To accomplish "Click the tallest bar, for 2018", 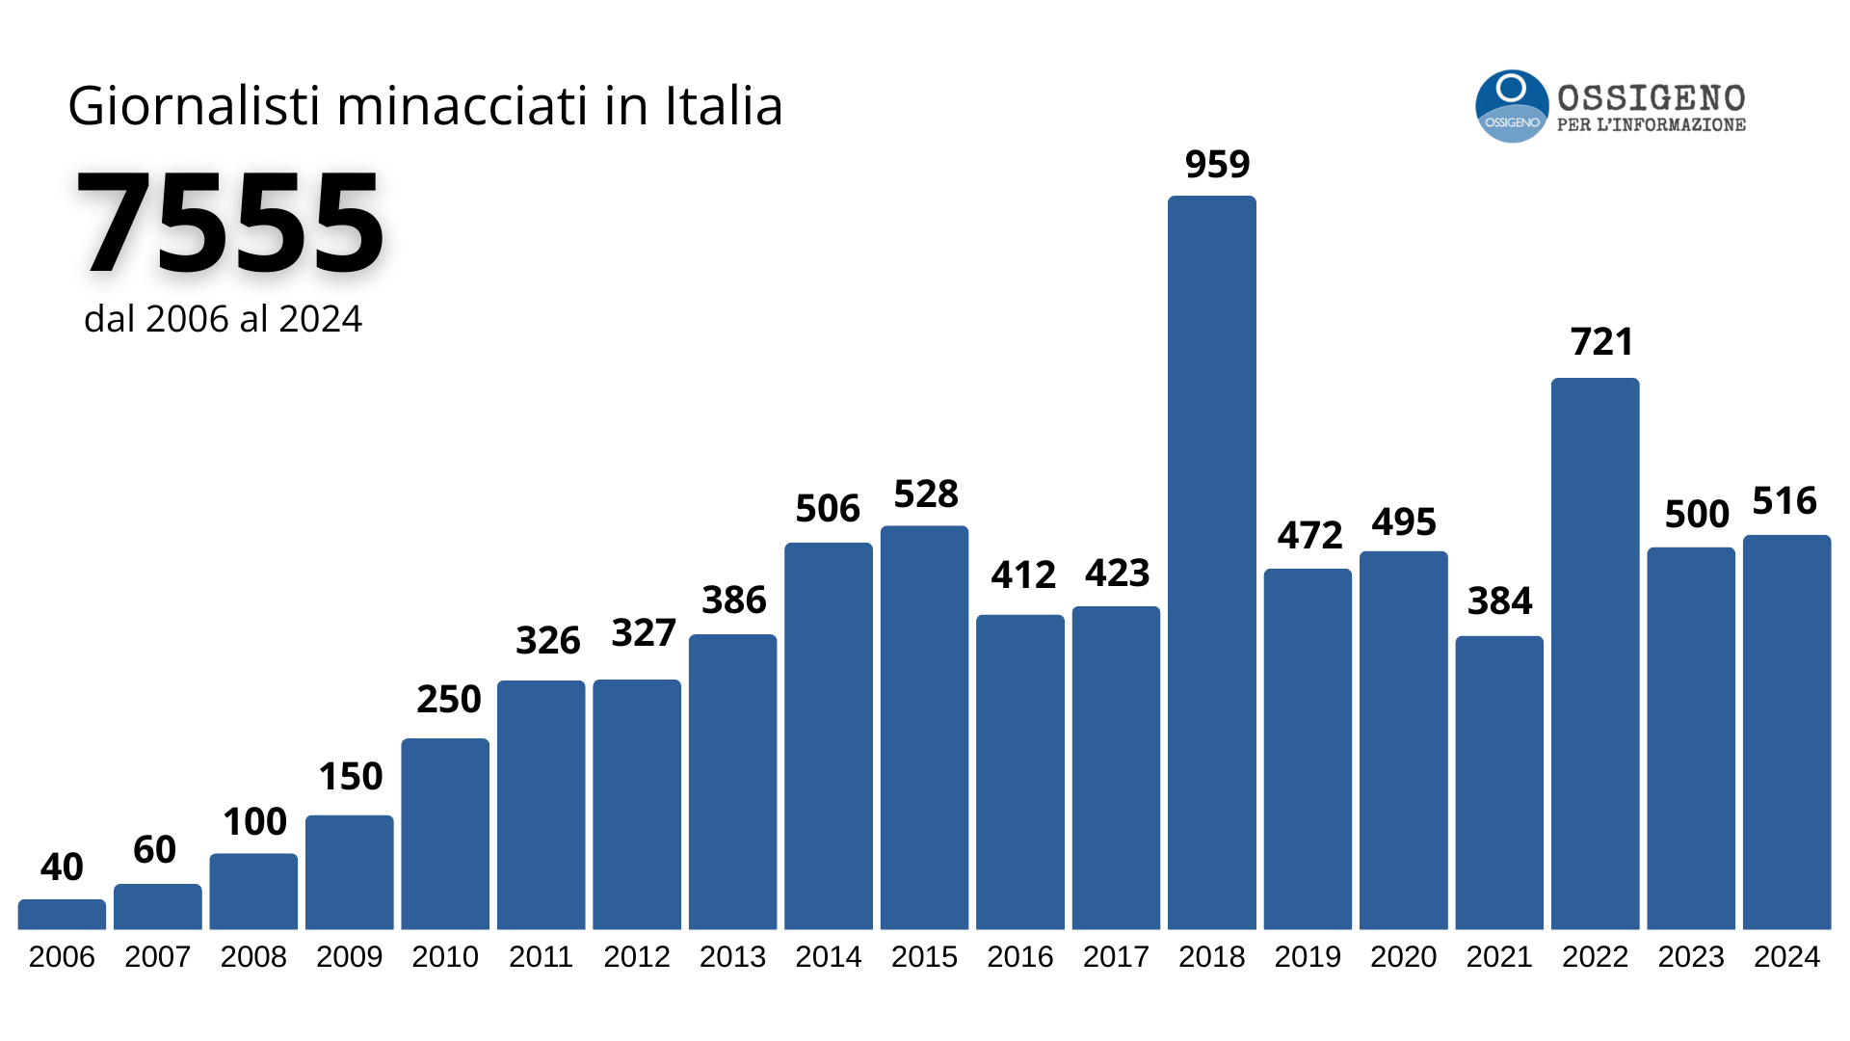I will click(x=1211, y=563).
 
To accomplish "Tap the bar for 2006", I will click(x=62, y=914).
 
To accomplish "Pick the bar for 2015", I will click(x=924, y=728).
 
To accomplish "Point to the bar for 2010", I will click(x=445, y=834).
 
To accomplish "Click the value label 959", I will click(x=1217, y=165).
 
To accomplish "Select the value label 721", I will click(x=1601, y=342).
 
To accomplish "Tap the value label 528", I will click(x=926, y=494).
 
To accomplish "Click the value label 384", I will click(x=1499, y=601).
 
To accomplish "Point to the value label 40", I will click(x=62, y=867).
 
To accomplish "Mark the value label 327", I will click(x=644, y=633).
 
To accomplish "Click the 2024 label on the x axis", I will click(x=1786, y=957).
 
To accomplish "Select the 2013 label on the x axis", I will click(x=732, y=957).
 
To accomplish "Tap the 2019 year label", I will click(x=1308, y=957).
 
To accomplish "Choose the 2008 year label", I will click(x=253, y=957).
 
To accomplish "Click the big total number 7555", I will click(x=230, y=224).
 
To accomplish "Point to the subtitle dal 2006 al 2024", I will click(x=223, y=319).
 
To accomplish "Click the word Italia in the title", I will click(x=724, y=106).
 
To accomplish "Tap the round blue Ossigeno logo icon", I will click(x=1512, y=106).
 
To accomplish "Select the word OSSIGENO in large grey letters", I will click(x=1651, y=98).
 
